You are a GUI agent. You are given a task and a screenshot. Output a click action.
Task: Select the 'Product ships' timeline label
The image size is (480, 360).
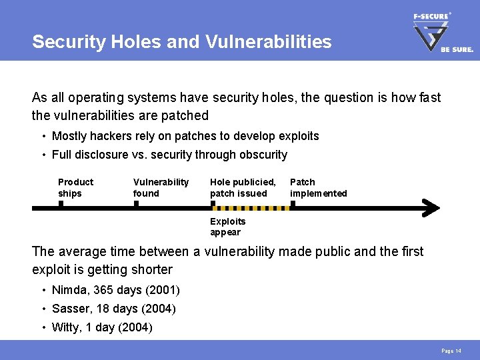click(x=75, y=187)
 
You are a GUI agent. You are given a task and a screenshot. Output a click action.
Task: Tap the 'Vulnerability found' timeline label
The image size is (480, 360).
click(x=161, y=187)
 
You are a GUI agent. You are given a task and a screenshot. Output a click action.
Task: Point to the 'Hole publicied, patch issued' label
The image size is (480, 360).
click(x=243, y=187)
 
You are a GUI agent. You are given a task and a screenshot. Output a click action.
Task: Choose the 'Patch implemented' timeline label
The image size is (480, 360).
click(x=318, y=187)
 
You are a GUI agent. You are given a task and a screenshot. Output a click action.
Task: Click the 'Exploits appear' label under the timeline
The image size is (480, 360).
click(x=227, y=227)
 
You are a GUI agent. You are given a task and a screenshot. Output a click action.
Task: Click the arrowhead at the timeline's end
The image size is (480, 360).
click(x=432, y=208)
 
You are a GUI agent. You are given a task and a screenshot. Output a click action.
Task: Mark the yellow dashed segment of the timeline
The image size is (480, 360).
click(x=251, y=208)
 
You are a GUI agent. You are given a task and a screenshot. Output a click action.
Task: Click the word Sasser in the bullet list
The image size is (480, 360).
click(x=71, y=309)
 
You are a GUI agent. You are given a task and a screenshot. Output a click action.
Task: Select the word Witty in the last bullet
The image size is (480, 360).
click(x=66, y=328)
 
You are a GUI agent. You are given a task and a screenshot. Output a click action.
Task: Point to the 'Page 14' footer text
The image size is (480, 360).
click(x=451, y=351)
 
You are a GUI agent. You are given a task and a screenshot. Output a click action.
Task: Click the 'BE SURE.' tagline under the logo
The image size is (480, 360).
click(x=457, y=49)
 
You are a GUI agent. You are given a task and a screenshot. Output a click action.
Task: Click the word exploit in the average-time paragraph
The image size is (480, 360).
click(x=53, y=269)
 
